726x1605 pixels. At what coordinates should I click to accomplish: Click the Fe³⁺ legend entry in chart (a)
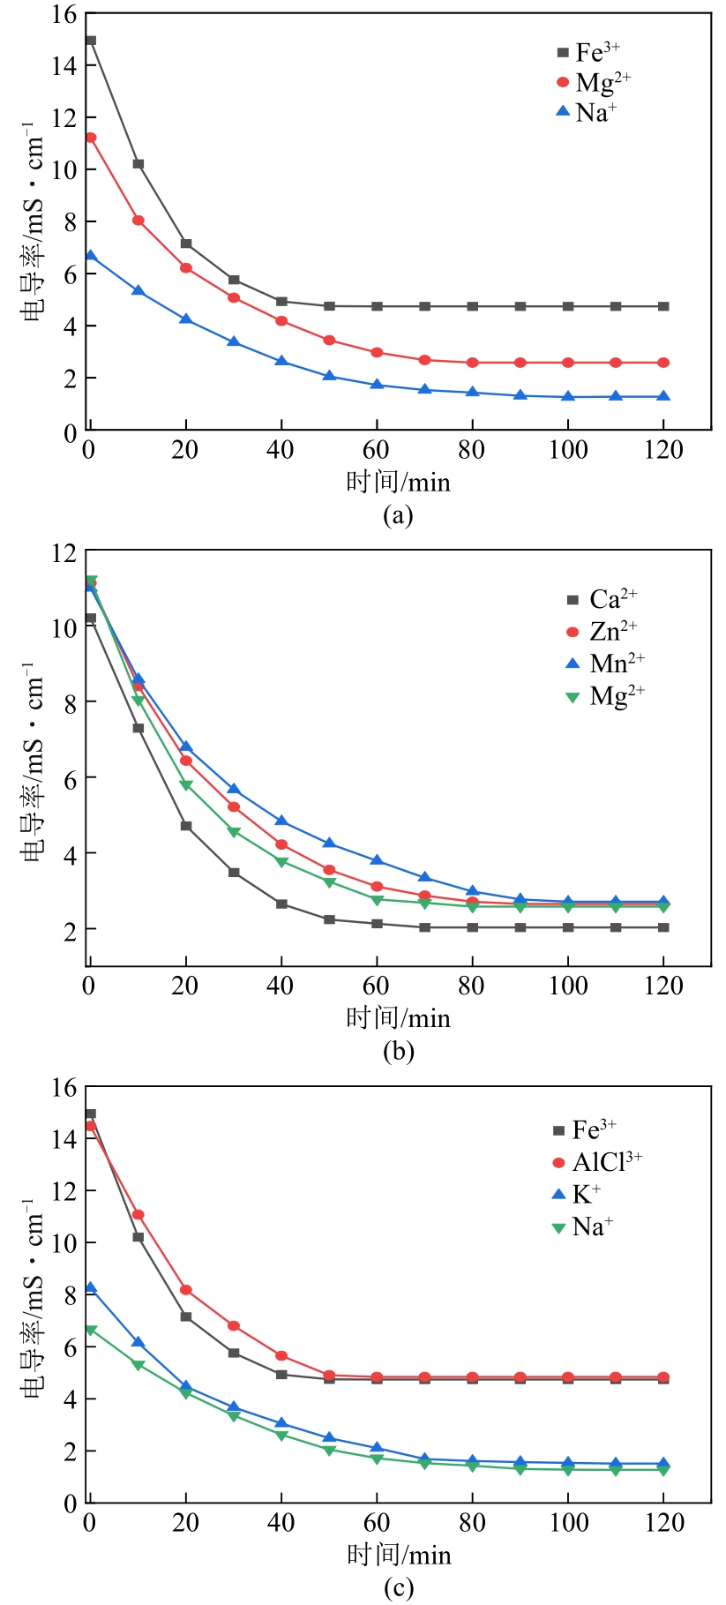coord(589,52)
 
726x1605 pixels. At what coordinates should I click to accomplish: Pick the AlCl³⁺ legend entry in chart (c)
coord(597,1162)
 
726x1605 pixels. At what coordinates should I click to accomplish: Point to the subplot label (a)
coord(398,514)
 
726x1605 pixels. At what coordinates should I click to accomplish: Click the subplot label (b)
coord(398,1051)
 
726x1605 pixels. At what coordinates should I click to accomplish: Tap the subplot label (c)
coord(398,1588)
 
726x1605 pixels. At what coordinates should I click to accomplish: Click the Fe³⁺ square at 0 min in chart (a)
coord(91,41)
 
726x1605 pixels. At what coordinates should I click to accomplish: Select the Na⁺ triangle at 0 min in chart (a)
coord(91,256)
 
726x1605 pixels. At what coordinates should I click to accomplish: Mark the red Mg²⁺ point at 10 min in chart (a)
coord(138,221)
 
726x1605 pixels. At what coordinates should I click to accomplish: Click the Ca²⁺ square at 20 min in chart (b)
coord(186,826)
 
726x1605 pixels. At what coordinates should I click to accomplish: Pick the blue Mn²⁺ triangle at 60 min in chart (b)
coord(377,860)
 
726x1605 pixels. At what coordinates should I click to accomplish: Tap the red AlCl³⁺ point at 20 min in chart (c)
coord(186,1290)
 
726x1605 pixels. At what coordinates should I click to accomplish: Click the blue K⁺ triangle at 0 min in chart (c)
coord(91,1288)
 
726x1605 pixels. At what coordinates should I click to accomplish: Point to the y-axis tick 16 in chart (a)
coord(64,15)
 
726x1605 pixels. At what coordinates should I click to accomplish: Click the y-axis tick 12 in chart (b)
coord(64,552)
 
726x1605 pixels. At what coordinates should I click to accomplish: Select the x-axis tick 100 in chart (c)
coord(569,1522)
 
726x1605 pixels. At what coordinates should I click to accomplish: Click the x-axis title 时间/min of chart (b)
coord(398,1018)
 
